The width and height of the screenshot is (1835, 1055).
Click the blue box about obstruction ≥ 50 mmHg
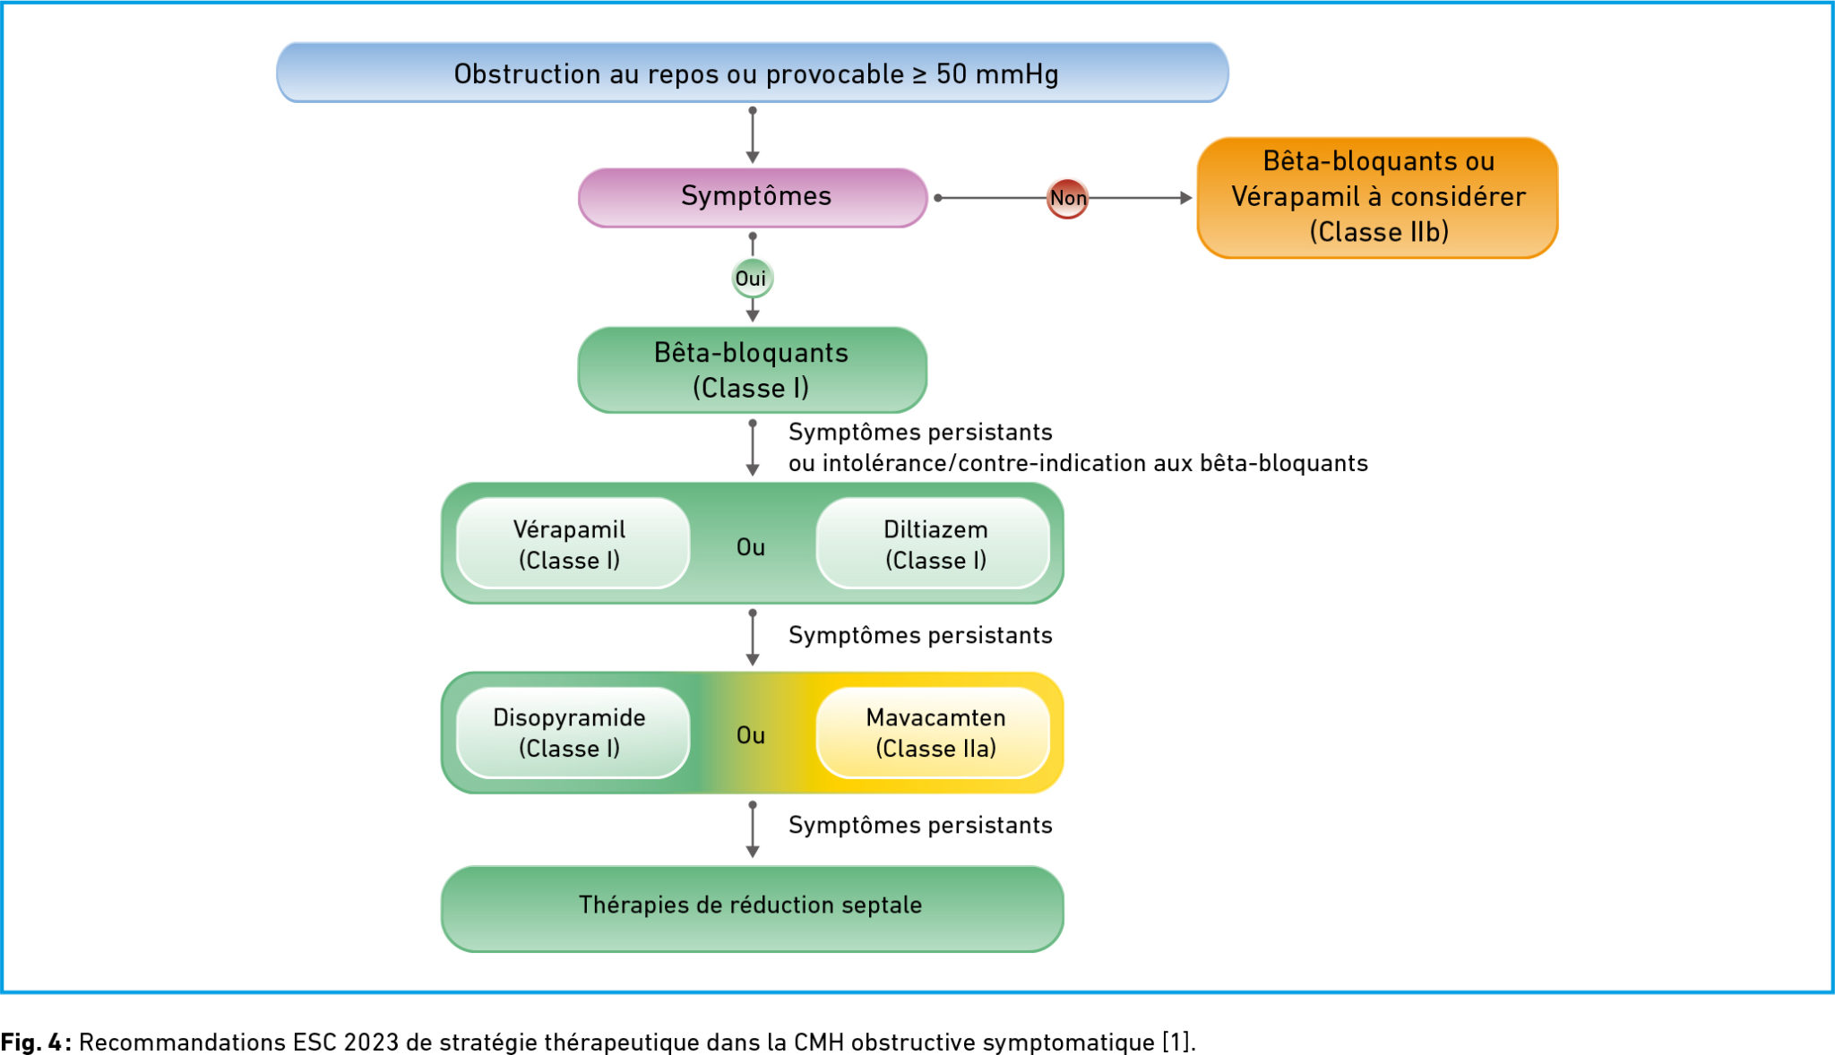(x=753, y=73)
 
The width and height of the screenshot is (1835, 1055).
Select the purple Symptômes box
(x=753, y=197)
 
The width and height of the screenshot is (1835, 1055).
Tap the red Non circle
(x=1067, y=198)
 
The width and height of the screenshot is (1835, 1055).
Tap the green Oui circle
(x=752, y=279)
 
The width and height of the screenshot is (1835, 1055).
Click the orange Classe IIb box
(x=1377, y=198)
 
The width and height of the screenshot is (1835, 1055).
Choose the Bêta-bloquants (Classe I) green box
(x=753, y=370)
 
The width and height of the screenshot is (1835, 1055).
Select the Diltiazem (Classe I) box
(x=934, y=544)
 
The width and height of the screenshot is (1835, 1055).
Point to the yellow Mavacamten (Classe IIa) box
(x=934, y=733)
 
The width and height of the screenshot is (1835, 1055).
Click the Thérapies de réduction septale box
(x=753, y=906)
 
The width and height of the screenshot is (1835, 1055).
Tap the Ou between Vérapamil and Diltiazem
(x=751, y=547)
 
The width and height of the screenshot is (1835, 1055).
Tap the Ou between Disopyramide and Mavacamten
(x=751, y=735)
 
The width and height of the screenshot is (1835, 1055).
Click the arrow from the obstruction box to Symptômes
(x=753, y=135)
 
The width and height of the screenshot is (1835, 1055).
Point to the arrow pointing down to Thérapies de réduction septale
(x=753, y=830)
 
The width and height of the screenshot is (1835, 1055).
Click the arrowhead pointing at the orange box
(x=1185, y=198)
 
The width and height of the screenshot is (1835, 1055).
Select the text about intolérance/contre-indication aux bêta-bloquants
(x=1078, y=463)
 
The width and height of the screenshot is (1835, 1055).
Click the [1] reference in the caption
(x=1176, y=1042)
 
